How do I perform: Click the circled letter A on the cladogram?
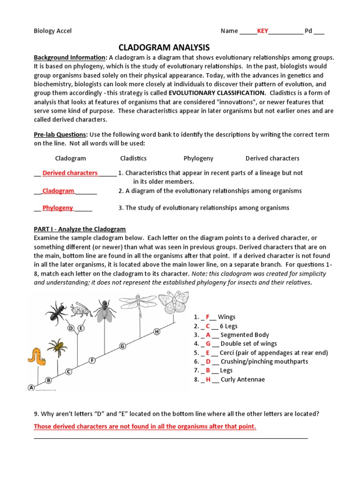click(31, 388)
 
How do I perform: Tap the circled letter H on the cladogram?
click(157, 331)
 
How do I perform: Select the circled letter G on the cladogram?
click(122, 346)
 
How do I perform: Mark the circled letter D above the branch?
click(71, 328)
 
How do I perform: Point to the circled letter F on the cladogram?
click(92, 360)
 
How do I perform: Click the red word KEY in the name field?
click(262, 31)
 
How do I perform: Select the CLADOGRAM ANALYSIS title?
click(164, 47)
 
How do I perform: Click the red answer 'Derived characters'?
click(70, 173)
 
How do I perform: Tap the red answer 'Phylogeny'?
click(58, 208)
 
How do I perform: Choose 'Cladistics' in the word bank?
click(133, 158)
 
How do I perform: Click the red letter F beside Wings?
click(207, 317)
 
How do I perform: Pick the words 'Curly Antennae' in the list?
click(242, 379)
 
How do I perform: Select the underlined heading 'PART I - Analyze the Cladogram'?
click(80, 229)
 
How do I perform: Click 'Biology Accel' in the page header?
click(52, 31)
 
